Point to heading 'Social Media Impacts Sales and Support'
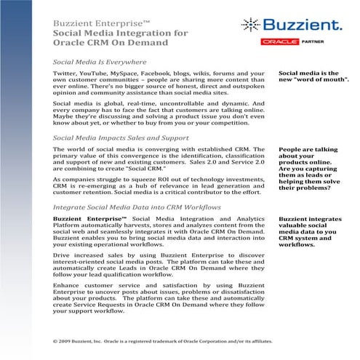[x=117, y=137]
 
